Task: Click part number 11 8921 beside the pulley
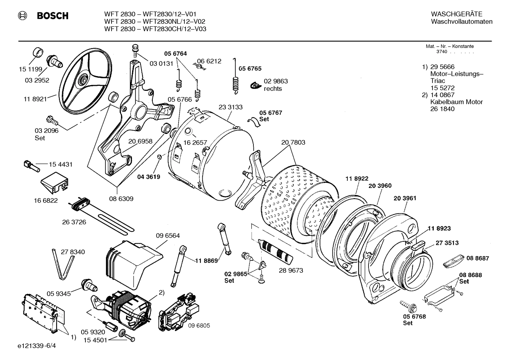point(35,99)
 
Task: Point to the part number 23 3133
point(230,107)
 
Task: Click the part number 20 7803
point(293,142)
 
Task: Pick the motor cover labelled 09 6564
point(131,259)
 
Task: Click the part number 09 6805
point(199,325)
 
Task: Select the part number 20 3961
point(405,198)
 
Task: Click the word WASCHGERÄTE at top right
point(456,14)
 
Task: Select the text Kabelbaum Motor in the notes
point(456,102)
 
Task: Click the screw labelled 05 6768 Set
point(405,304)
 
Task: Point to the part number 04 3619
point(148,177)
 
